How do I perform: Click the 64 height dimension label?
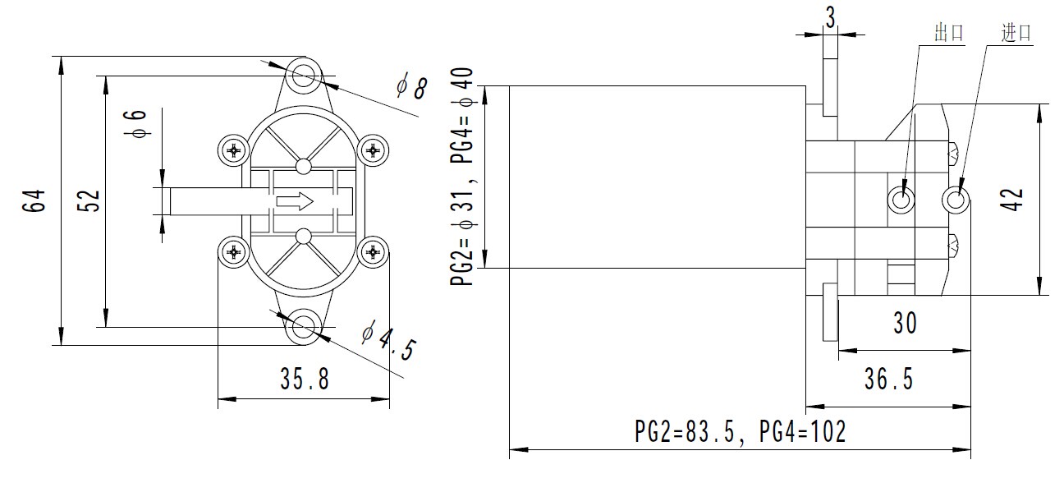35,201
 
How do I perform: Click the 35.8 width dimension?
304,379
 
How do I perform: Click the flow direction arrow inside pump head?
294,200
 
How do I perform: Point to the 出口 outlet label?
948,33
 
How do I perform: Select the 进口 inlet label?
1016,33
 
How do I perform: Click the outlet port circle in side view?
902,198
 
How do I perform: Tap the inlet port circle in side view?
956,198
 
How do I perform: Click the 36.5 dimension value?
888,379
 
